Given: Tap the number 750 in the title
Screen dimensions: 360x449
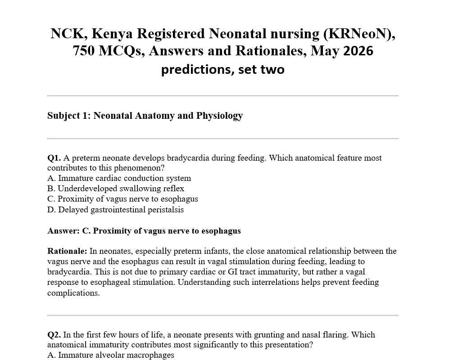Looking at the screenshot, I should pyautogui.click(x=84, y=51).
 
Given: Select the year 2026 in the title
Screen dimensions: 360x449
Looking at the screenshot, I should pyautogui.click(x=358, y=51).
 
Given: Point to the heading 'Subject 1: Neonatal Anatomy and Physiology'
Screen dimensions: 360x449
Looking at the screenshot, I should pyautogui.click(x=145, y=116).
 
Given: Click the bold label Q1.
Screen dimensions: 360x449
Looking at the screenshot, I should pyautogui.click(x=54, y=158).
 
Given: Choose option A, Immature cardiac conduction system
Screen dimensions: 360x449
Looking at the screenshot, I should pyautogui.click(x=119, y=178).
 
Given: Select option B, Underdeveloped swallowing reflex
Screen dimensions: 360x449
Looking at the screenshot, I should pyautogui.click(x=116, y=189).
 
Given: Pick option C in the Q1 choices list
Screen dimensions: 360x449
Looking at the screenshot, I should pyautogui.click(x=122, y=199).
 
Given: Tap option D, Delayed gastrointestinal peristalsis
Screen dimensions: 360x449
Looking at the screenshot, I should pyautogui.click(x=116, y=210).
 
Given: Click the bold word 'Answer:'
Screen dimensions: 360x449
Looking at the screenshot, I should pyautogui.click(x=63, y=231).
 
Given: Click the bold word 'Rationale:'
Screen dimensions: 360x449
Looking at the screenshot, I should pyautogui.click(x=67, y=251).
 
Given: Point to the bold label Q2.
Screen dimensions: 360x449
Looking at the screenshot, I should pyautogui.click(x=54, y=335).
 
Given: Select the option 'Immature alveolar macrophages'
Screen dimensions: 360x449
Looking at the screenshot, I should pyautogui.click(x=111, y=355).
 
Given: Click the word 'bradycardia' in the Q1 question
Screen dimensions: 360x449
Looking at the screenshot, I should pyautogui.click(x=189, y=158).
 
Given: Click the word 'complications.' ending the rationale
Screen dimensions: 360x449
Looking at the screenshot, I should pyautogui.click(x=73, y=293).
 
